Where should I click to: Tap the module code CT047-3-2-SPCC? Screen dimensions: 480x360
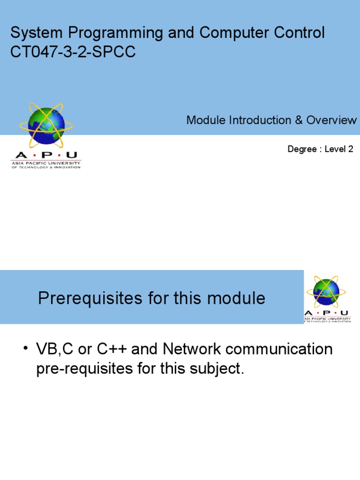pyautogui.click(x=73, y=52)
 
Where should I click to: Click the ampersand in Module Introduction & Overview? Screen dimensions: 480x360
pyautogui.click(x=299, y=120)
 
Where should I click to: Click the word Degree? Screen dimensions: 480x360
pyautogui.click(x=302, y=150)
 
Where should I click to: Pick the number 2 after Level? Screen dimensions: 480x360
pyautogui.click(x=350, y=150)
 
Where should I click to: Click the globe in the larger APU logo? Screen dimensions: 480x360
pyautogui.click(x=46, y=125)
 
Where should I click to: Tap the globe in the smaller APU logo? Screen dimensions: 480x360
pyautogui.click(x=326, y=292)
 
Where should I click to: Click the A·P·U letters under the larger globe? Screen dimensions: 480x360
pyautogui.click(x=46, y=155)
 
